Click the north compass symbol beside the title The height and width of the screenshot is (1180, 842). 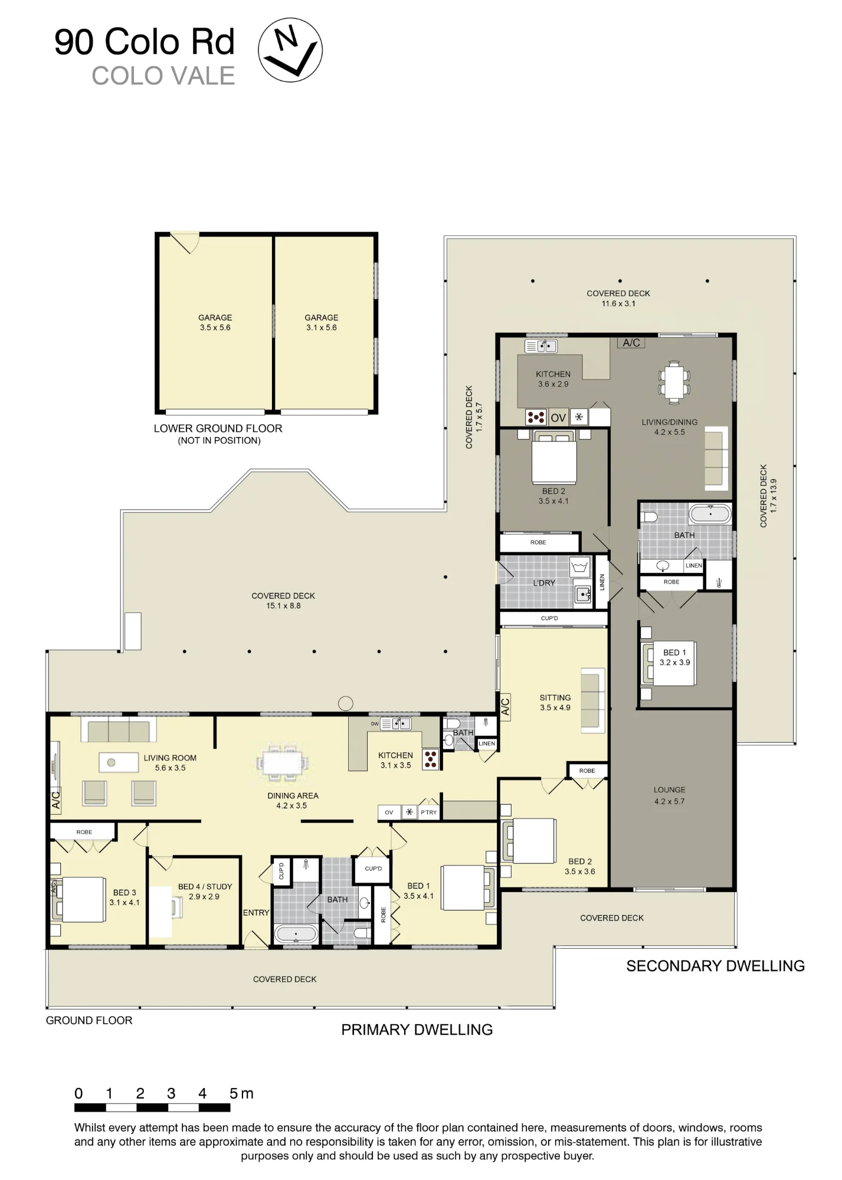[290, 50]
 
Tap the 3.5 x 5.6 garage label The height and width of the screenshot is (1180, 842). [215, 323]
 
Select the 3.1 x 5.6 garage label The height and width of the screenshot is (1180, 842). [322, 323]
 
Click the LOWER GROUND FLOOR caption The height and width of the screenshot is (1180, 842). [218, 428]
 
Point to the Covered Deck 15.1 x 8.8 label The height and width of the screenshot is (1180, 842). [283, 601]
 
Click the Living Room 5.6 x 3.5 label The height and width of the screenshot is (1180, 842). [170, 763]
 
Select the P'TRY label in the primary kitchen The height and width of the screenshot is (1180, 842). [429, 812]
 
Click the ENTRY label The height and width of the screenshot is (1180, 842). [256, 913]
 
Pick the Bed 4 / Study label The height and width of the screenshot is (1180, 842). [205, 891]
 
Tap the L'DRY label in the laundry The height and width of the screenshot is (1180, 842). [544, 583]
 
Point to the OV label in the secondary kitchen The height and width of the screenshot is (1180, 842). [558, 418]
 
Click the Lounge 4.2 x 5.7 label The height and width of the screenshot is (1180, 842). [669, 795]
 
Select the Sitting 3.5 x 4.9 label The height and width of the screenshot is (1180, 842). [555, 703]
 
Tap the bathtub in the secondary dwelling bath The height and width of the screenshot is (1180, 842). [710, 514]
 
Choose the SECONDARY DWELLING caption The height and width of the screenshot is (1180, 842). [715, 966]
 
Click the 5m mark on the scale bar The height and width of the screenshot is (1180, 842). [241, 1093]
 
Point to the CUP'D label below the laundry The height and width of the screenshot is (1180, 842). [549, 618]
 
